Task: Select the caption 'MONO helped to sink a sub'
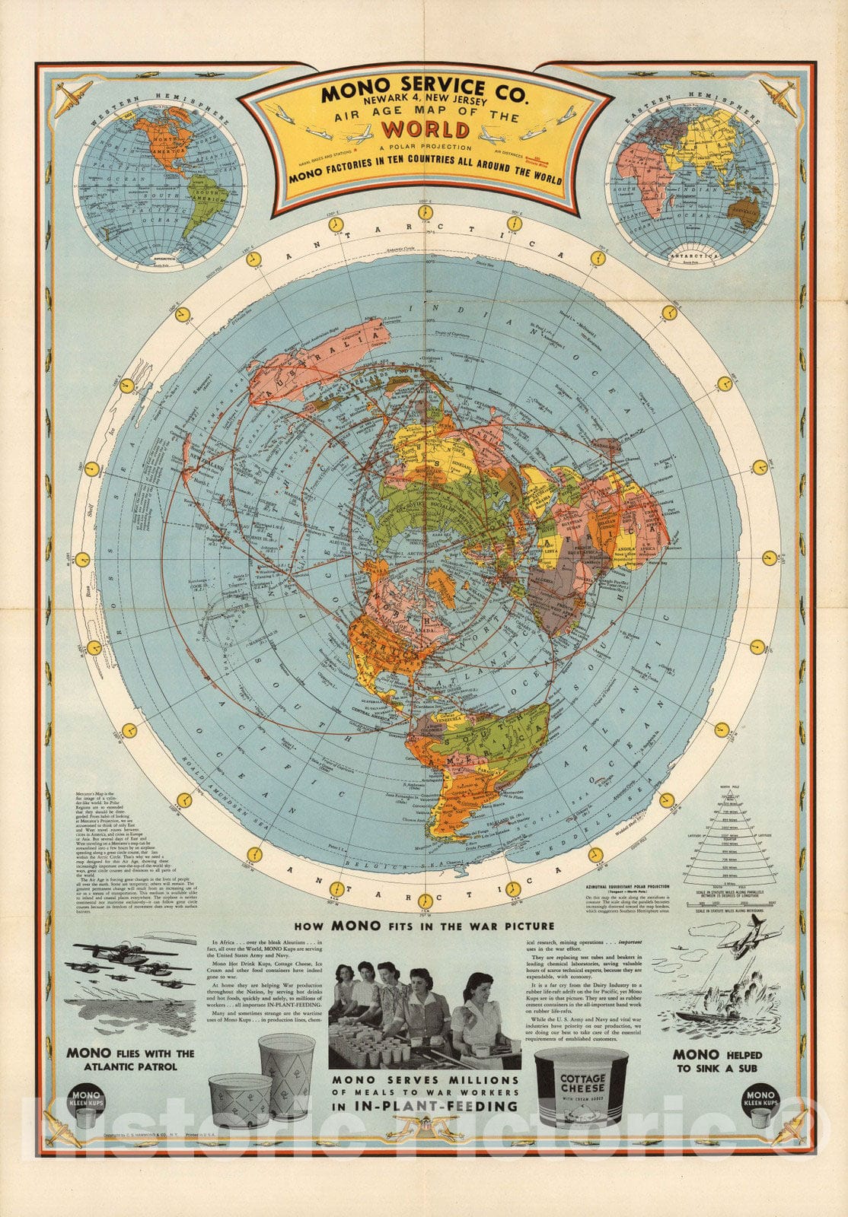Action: [716, 1060]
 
